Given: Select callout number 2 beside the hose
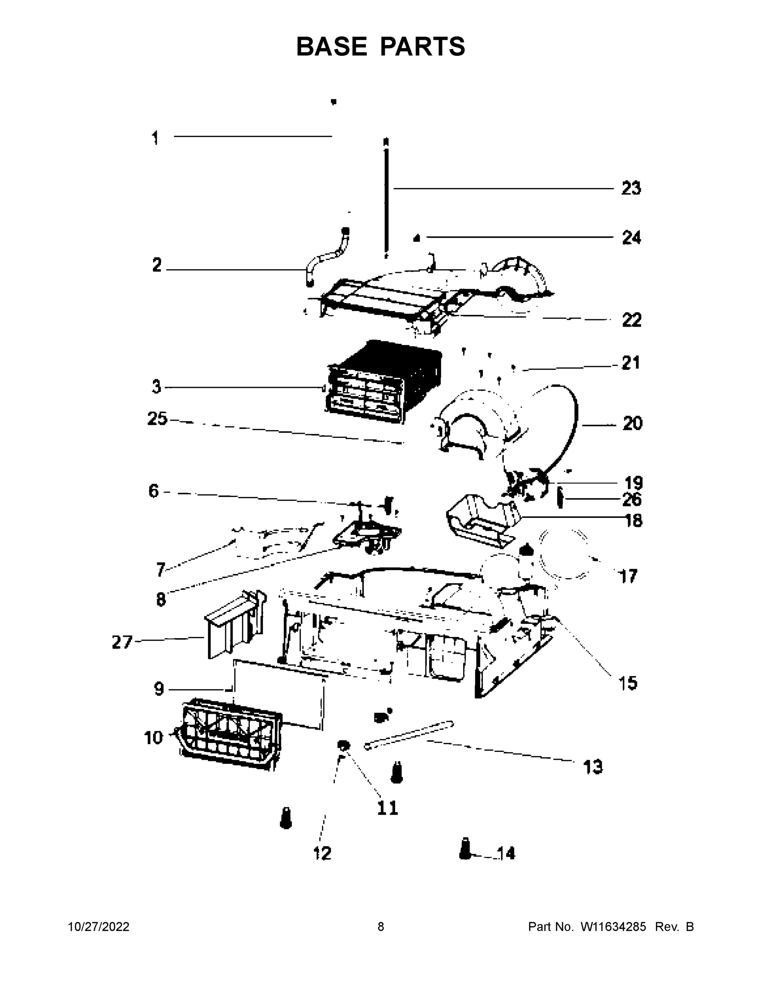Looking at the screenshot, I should pyautogui.click(x=156, y=265).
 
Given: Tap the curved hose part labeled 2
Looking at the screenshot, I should pyautogui.click(x=325, y=259).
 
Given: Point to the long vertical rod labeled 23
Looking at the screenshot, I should pyautogui.click(x=386, y=199).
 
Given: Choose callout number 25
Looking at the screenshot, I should pyautogui.click(x=157, y=419).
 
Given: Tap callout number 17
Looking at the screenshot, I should pyautogui.click(x=628, y=576).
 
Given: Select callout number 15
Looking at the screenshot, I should pyautogui.click(x=628, y=683).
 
